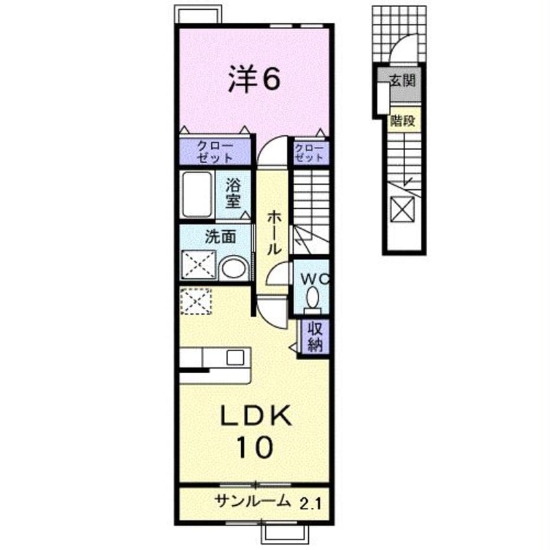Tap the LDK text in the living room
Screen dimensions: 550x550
255,415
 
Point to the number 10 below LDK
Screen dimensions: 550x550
255,447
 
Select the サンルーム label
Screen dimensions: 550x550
253,501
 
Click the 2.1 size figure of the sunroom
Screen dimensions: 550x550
310,504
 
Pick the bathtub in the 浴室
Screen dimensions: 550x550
196,194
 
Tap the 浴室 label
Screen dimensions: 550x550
233,192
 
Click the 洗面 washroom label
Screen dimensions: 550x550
220,237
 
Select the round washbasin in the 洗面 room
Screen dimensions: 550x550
234,268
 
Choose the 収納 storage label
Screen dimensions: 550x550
315,337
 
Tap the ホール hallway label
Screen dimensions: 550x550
274,232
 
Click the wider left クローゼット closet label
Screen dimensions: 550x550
215,152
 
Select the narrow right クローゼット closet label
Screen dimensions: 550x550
309,153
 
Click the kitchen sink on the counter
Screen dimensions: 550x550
235,358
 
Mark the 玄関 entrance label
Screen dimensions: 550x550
402,81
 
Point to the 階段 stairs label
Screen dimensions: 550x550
402,121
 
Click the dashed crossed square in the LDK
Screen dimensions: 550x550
196,301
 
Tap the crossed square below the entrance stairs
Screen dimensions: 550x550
402,210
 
